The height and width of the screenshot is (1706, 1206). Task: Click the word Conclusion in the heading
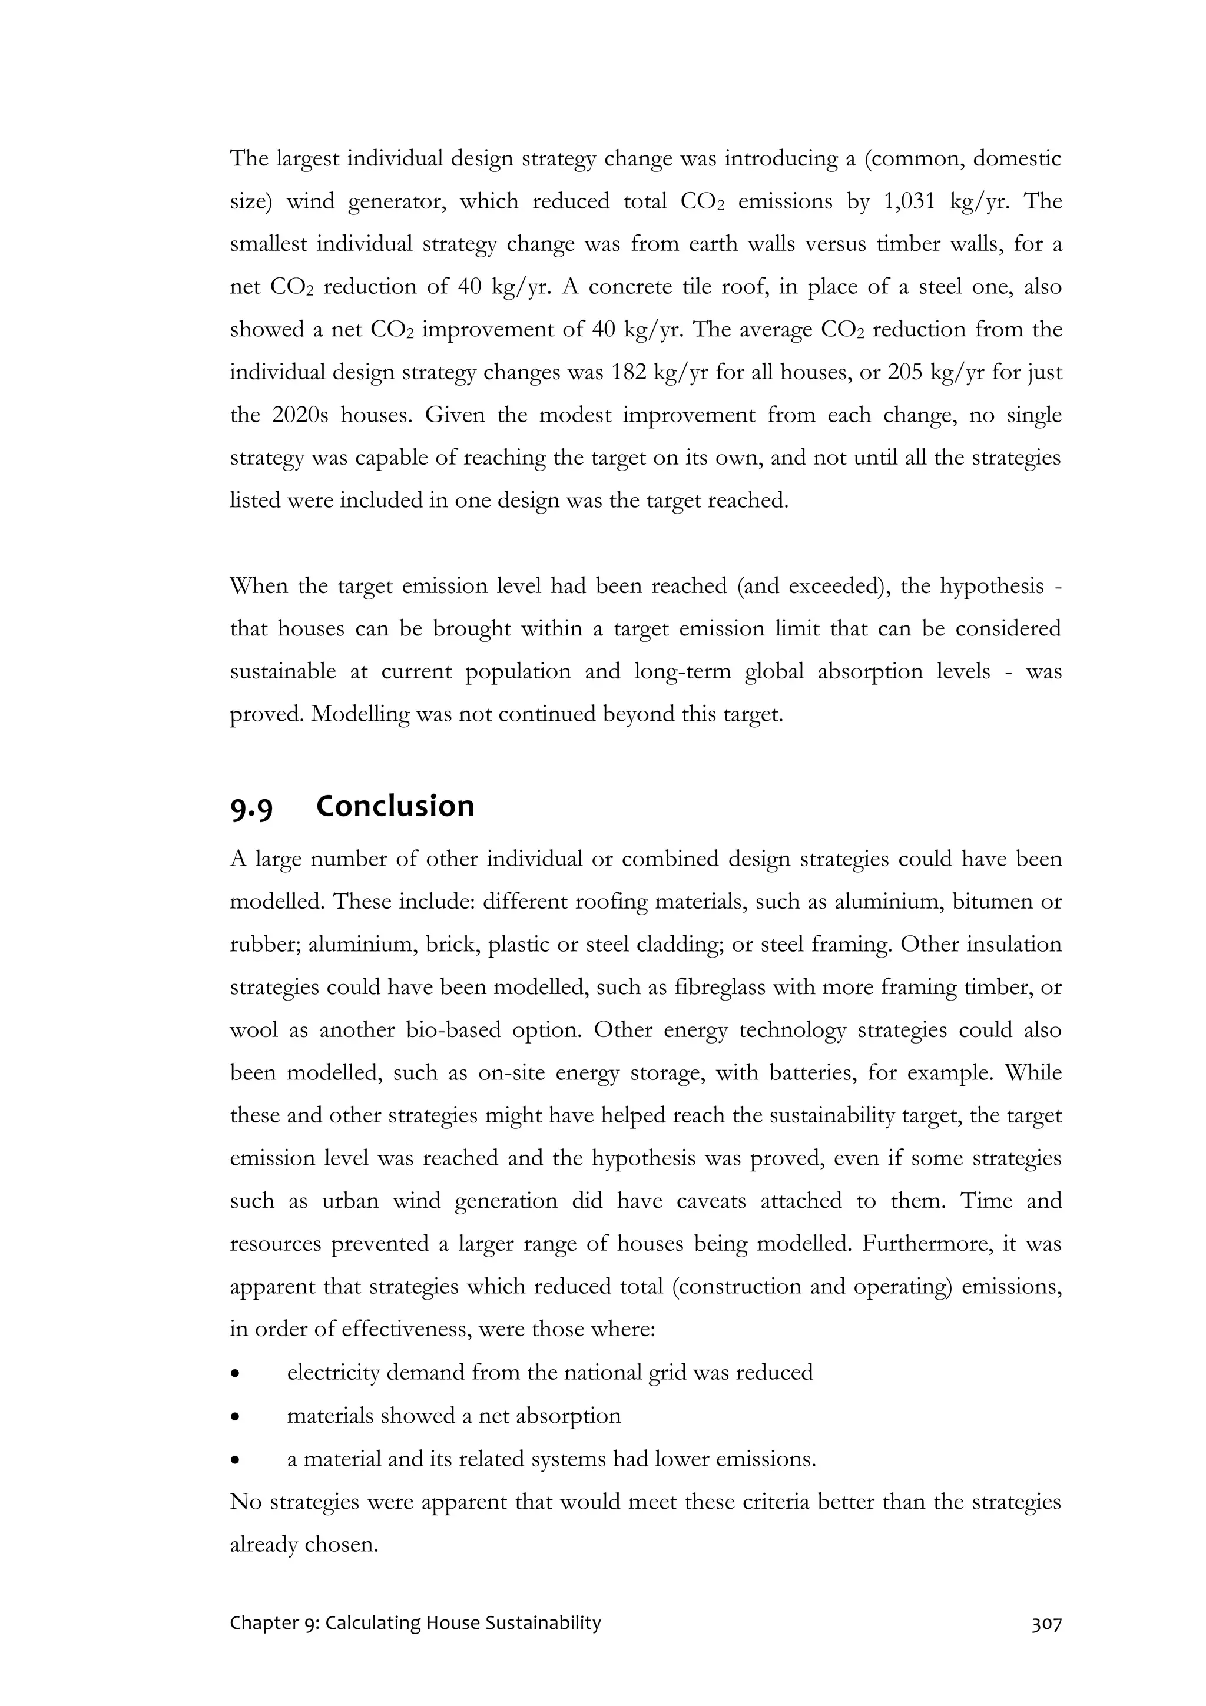395,807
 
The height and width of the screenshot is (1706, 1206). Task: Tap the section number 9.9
251,809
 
